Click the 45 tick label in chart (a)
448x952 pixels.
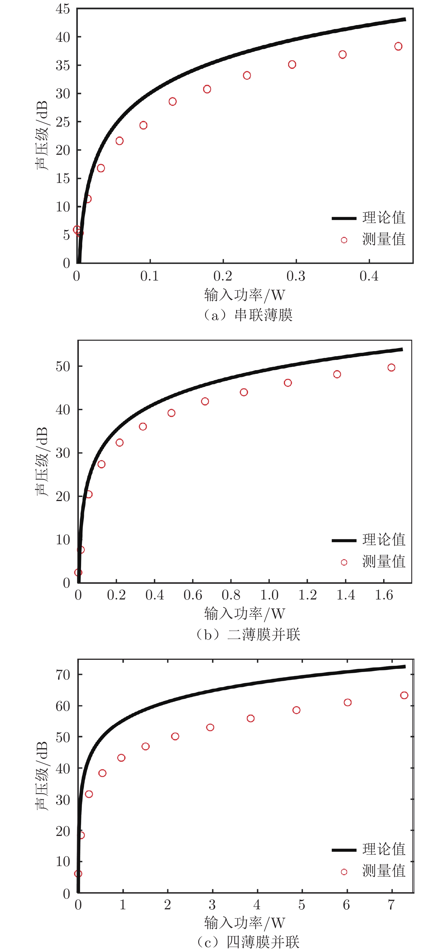[x=63, y=9]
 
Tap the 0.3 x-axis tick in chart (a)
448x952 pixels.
[x=296, y=276]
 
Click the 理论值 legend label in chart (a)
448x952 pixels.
[x=384, y=218]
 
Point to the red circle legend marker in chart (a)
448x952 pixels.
[x=344, y=240]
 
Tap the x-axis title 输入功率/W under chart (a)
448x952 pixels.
[x=245, y=295]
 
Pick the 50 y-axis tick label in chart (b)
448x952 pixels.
[x=63, y=366]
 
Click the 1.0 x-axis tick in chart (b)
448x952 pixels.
[x=269, y=595]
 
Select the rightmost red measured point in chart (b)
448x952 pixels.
[x=391, y=367]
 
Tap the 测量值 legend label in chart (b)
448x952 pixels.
[x=384, y=562]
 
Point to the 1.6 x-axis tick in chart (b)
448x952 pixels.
[x=384, y=595]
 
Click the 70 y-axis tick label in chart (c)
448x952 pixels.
[x=63, y=675]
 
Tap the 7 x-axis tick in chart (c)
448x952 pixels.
[x=391, y=905]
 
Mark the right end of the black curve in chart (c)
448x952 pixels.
[x=405, y=667]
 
